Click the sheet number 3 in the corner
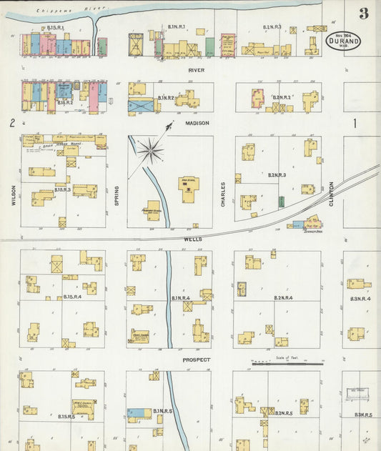tap(365, 14)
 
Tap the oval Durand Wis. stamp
tap(343, 41)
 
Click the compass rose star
tap(151, 149)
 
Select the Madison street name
tap(197, 123)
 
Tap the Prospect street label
tap(196, 360)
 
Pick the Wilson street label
tap(13, 194)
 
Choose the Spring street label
tap(117, 197)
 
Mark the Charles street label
tap(223, 194)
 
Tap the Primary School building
tap(152, 209)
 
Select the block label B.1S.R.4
tap(72, 296)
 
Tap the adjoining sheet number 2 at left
tap(11, 124)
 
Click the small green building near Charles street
tap(281, 202)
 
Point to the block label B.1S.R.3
tap(63, 191)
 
